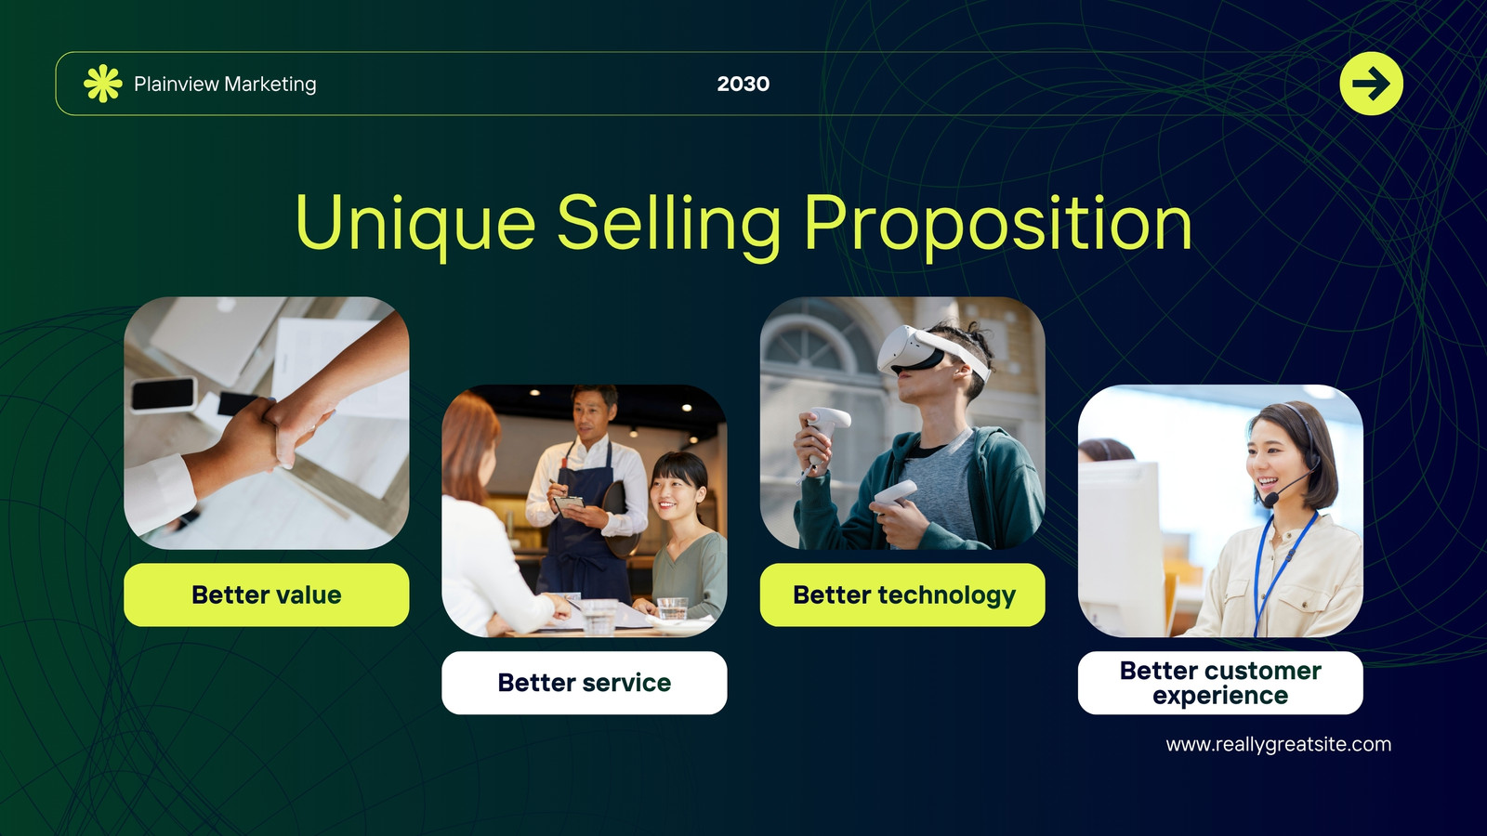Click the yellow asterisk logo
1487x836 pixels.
[x=103, y=84]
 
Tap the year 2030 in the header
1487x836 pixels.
[x=743, y=84]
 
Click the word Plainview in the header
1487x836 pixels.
[x=176, y=85]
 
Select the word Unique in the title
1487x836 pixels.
[x=415, y=223]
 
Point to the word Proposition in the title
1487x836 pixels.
[x=998, y=223]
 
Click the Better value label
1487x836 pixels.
[x=266, y=594]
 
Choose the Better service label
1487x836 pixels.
[x=585, y=683]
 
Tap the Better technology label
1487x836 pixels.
[x=902, y=594]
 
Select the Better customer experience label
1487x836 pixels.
[x=1220, y=683]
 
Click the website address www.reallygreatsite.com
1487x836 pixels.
[x=1279, y=744]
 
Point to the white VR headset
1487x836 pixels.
[x=929, y=353]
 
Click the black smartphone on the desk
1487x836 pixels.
[x=164, y=394]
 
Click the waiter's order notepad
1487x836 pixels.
[x=570, y=505]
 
